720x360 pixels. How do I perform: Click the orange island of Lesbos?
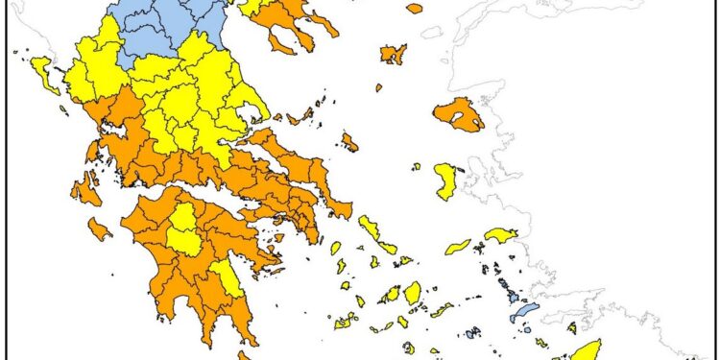pos(458,114)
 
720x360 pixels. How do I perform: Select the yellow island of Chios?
pos(445,180)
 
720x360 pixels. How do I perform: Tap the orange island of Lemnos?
pos(393,54)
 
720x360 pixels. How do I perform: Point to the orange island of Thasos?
pos(414,8)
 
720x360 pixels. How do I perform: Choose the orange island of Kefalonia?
pos(84,189)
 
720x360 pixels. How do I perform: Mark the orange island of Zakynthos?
pos(99,228)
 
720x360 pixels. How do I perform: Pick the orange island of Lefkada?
pos(93,152)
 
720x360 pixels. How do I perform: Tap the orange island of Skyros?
pos(349,143)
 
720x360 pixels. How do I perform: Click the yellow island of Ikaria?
pos(458,247)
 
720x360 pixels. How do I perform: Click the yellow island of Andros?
pos(369,228)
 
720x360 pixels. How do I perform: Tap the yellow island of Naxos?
pos(412,292)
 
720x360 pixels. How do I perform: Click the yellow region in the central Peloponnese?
pos(183,231)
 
